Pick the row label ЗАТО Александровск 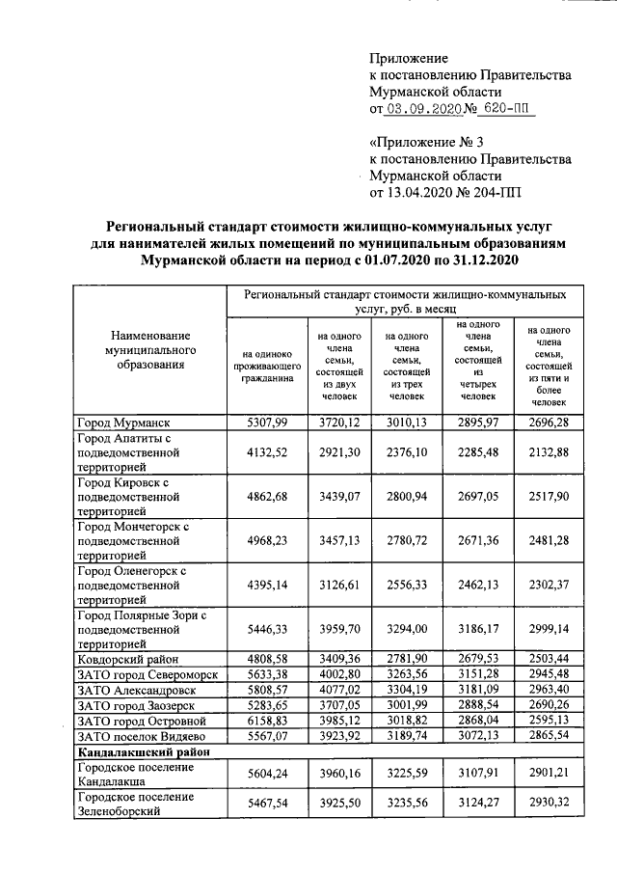tap(136, 690)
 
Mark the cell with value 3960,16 tap(337, 774)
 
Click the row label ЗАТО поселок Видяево tap(141, 735)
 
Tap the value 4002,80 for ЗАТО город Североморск tap(337, 674)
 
